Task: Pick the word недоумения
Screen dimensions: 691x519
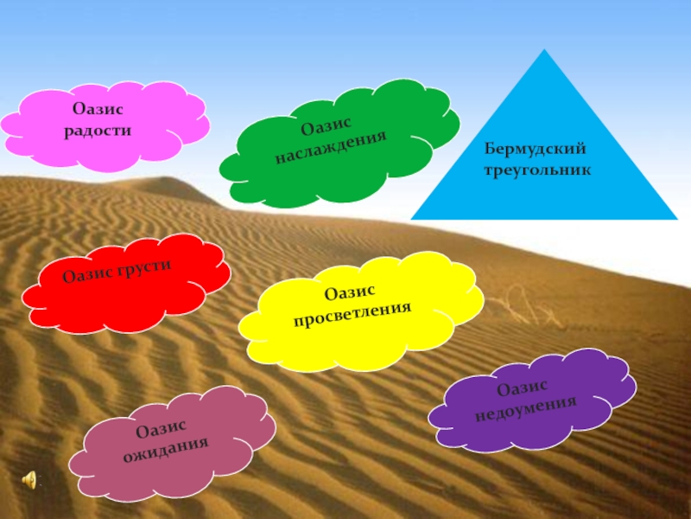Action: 526,407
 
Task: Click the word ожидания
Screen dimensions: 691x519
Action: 177,447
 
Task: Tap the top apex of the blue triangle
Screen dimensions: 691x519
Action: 544,51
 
